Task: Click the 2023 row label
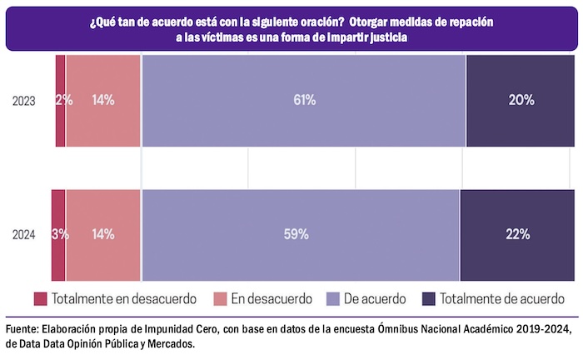coord(23,101)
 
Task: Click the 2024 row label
coord(23,235)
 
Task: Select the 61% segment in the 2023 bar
coord(304,101)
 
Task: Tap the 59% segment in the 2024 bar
coord(300,235)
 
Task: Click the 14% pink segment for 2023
coord(103,101)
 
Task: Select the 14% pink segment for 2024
coord(103,235)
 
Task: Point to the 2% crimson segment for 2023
coord(61,101)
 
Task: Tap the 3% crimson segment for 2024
coord(58,235)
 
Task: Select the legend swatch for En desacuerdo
coord(221,297)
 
